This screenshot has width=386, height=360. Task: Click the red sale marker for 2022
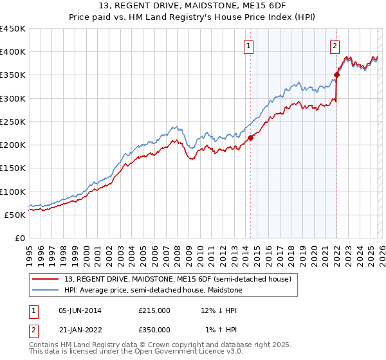[337, 75]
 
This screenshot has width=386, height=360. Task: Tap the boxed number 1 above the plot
[248, 46]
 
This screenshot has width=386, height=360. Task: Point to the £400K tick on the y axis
[12, 52]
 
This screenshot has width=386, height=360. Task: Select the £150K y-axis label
[12, 168]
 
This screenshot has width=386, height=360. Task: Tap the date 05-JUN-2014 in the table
[80, 310]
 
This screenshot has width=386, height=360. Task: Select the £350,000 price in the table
[154, 330]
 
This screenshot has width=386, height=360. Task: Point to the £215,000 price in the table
[154, 310]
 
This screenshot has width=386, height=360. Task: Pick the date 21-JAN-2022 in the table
[80, 330]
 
